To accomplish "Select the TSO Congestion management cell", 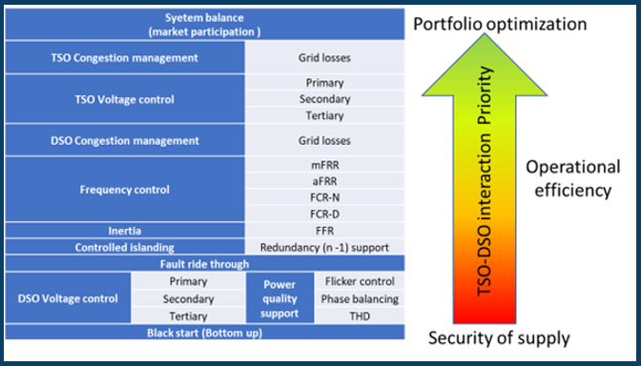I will [x=125, y=58].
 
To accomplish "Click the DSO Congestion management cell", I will [x=125, y=140].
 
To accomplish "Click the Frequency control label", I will [x=125, y=189].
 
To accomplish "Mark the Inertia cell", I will [x=125, y=231].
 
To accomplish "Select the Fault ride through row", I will [x=205, y=264].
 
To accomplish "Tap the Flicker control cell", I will [x=361, y=281].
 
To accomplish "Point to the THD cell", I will [x=361, y=315].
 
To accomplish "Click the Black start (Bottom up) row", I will [x=205, y=332].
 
